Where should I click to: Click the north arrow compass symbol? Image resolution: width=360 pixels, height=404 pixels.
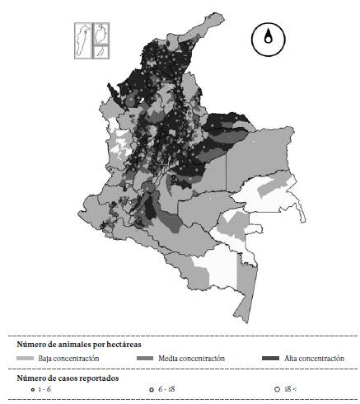267,40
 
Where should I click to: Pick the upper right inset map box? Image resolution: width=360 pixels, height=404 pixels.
101,33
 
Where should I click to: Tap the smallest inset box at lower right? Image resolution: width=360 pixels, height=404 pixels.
101,51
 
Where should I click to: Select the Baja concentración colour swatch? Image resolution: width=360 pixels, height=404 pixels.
26,359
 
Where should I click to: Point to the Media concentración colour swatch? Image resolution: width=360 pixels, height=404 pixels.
147,359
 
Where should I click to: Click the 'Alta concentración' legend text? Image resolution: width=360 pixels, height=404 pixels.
315,359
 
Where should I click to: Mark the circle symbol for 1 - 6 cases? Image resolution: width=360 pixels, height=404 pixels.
31,388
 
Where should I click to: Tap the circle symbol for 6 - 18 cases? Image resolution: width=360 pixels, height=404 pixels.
152,388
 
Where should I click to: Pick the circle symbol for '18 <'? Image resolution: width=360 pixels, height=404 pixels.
277,388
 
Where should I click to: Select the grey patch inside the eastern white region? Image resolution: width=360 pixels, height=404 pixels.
269,190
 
